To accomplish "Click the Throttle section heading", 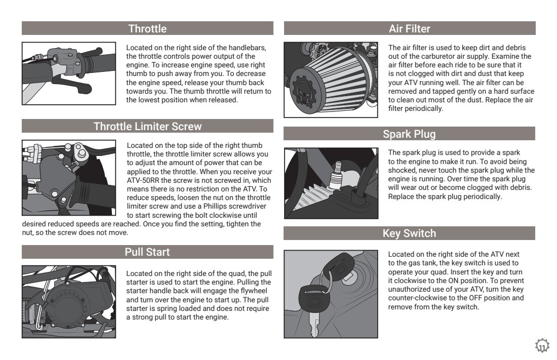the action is tap(147, 28).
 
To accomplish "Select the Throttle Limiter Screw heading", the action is tap(147, 126).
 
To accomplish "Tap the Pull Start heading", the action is tap(147, 252).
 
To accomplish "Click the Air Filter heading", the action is tap(410, 28).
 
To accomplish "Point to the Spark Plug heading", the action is tap(409, 134).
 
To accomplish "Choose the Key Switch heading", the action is tap(409, 233).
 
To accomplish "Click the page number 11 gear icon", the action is tap(542, 346).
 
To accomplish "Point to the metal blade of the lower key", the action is tap(313, 324).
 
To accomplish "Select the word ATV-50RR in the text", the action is tap(143, 180).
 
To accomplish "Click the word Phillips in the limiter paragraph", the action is tap(216, 207).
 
